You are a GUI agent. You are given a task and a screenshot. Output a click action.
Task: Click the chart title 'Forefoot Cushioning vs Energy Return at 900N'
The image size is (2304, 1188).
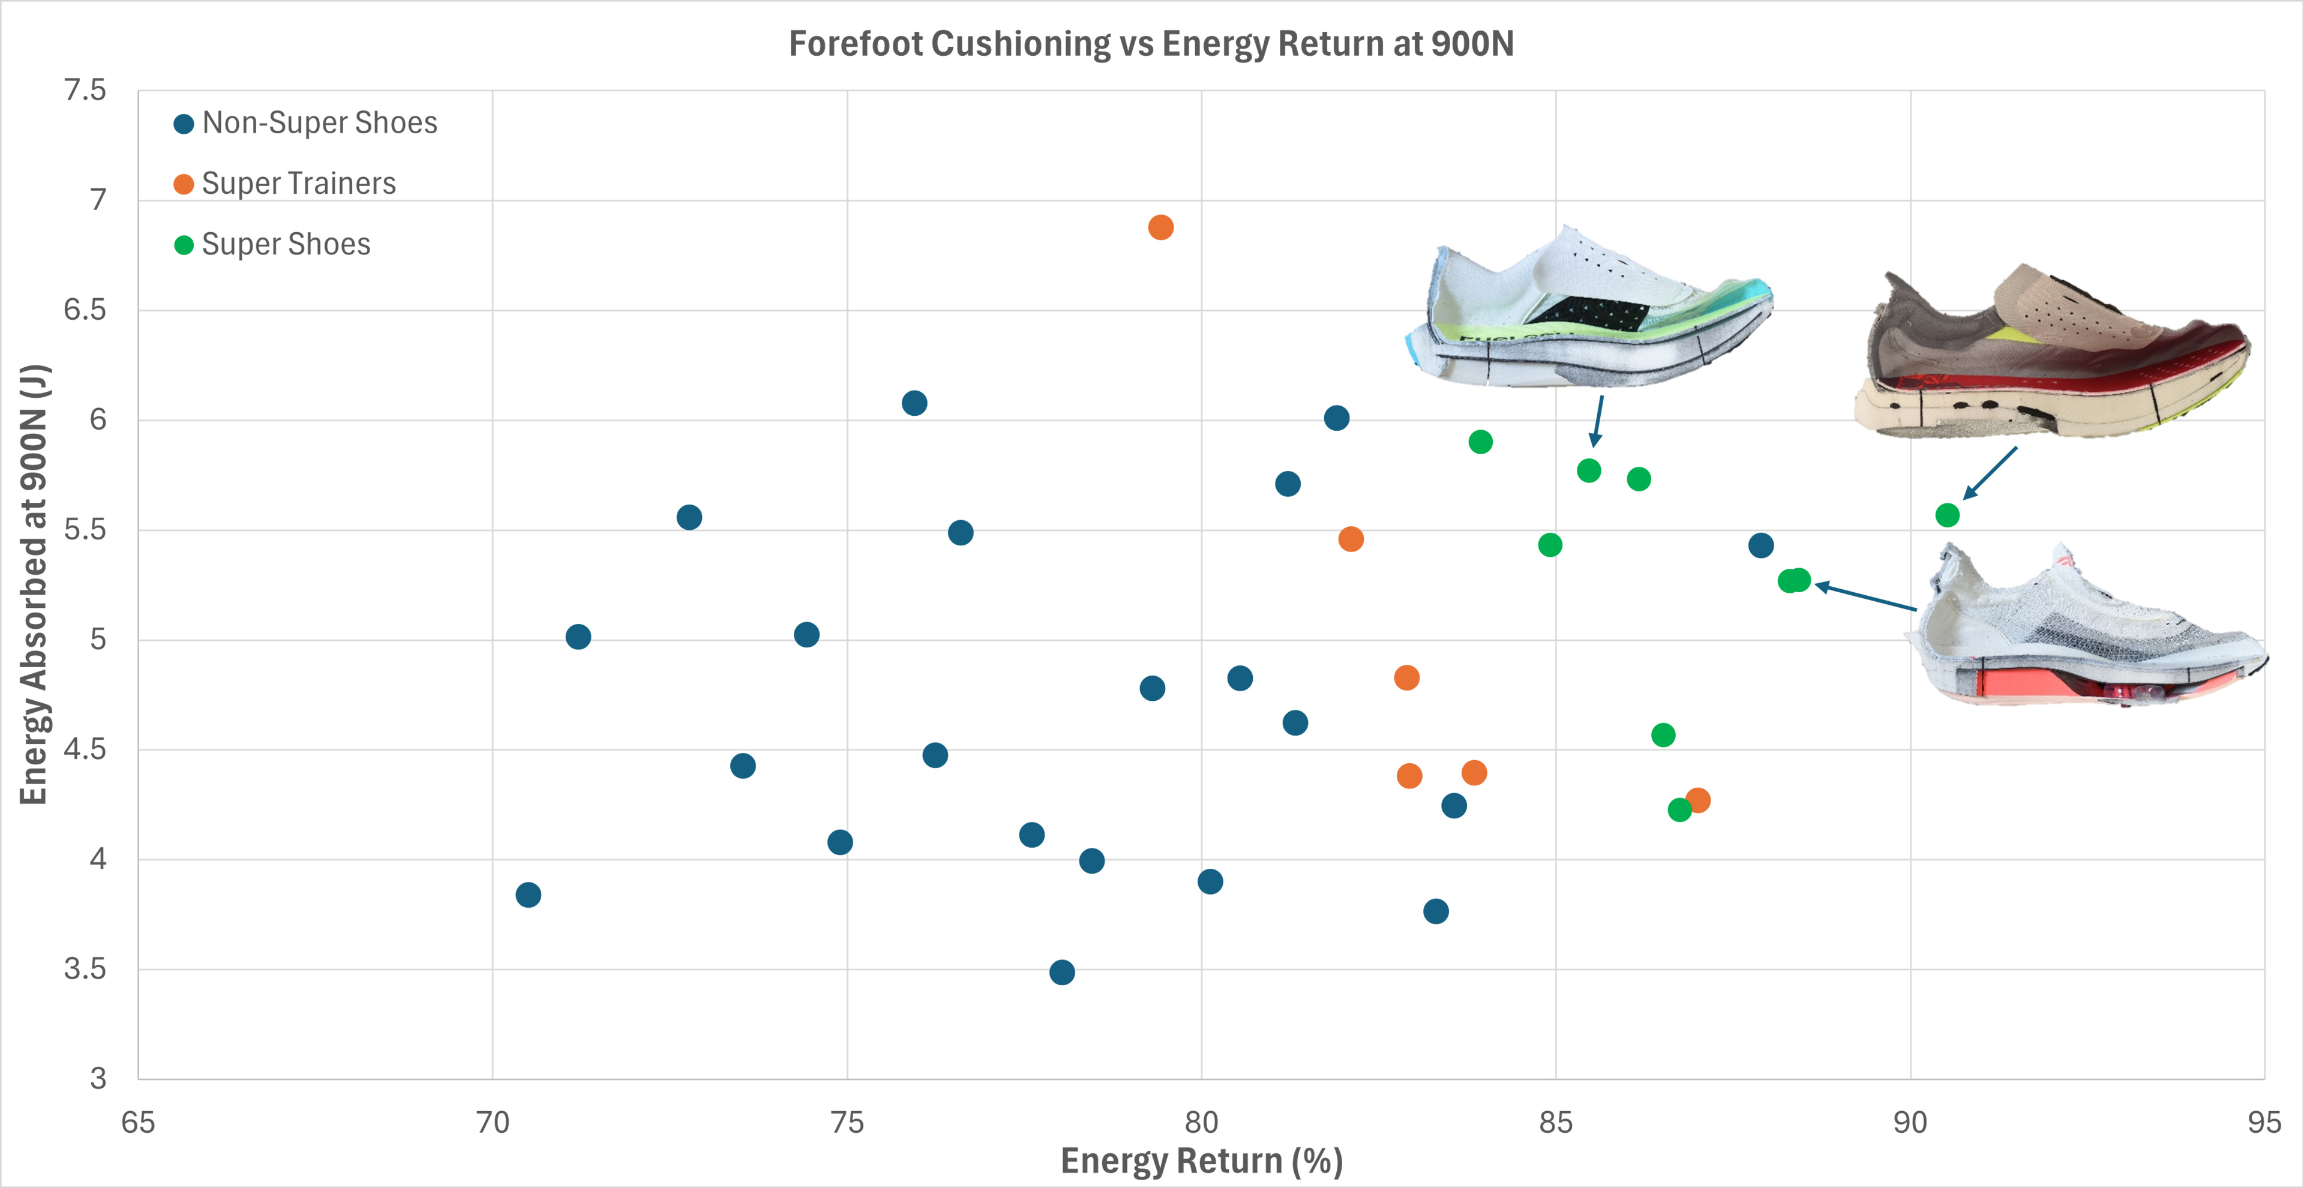[x=1151, y=44]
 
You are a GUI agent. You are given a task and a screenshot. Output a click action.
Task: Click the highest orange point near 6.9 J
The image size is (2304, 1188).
[x=1160, y=227]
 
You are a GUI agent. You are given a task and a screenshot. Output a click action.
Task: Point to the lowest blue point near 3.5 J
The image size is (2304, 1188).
[x=1061, y=973]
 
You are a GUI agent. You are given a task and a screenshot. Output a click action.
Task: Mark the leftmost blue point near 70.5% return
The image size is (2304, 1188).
[x=528, y=895]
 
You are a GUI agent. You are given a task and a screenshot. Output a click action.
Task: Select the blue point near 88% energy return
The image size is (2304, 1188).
[x=1760, y=545]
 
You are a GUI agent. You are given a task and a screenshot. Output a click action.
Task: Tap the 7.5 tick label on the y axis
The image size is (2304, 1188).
[x=85, y=91]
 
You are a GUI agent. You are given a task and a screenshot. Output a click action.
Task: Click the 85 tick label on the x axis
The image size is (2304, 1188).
[x=1555, y=1122]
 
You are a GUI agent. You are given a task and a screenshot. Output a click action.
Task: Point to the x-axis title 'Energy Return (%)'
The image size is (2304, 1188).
[x=1201, y=1161]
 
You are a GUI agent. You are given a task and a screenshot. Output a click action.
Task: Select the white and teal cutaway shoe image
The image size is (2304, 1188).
[x=1588, y=308]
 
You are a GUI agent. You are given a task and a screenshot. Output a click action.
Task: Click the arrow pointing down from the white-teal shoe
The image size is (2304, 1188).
[x=1597, y=421]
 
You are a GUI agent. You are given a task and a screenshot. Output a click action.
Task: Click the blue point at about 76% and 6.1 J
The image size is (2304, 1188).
[x=914, y=403]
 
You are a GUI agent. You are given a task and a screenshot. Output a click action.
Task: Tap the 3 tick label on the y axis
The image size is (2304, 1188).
[x=97, y=1079]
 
